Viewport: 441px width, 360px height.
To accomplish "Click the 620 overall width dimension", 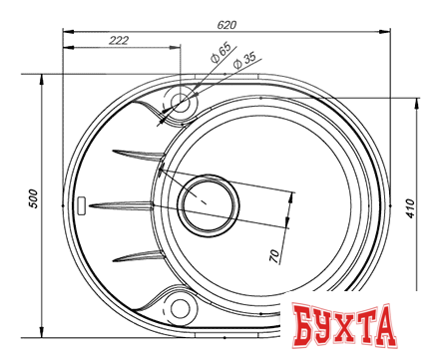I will (226, 22).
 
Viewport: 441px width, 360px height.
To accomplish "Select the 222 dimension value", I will (120, 41).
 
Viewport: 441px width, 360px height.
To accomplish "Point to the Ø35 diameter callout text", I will (244, 61).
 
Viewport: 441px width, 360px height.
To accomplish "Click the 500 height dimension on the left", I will (33, 197).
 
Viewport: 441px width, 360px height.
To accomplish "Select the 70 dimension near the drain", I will (274, 254).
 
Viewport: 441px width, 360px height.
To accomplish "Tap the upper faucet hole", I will (182, 101).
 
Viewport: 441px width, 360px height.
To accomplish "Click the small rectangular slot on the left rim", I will (82, 205).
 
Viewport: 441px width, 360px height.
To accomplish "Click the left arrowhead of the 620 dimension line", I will (67, 30).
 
